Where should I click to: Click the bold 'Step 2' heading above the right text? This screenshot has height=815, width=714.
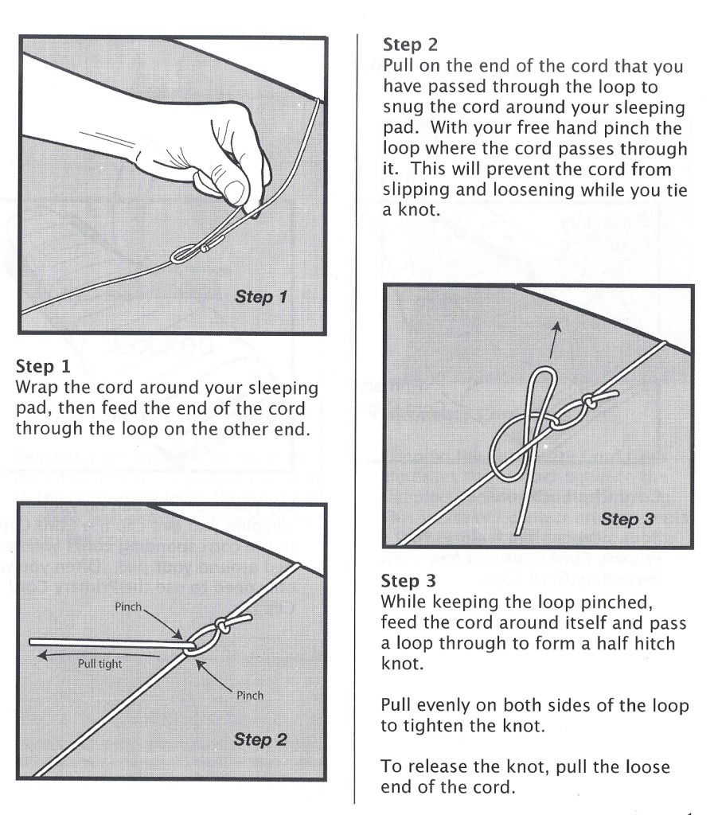click(x=405, y=44)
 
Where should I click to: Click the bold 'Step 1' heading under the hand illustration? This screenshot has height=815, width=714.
click(x=39, y=368)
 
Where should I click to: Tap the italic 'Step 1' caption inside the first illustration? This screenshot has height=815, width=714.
click(x=261, y=298)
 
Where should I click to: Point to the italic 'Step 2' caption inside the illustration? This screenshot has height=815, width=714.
click(x=259, y=739)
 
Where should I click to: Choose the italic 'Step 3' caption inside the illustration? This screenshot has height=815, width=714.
click(x=627, y=519)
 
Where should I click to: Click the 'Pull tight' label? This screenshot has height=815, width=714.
click(x=99, y=662)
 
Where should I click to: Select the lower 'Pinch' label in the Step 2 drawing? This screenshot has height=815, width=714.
click(x=250, y=695)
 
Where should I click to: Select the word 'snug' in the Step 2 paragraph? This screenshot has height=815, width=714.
click(x=404, y=107)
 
